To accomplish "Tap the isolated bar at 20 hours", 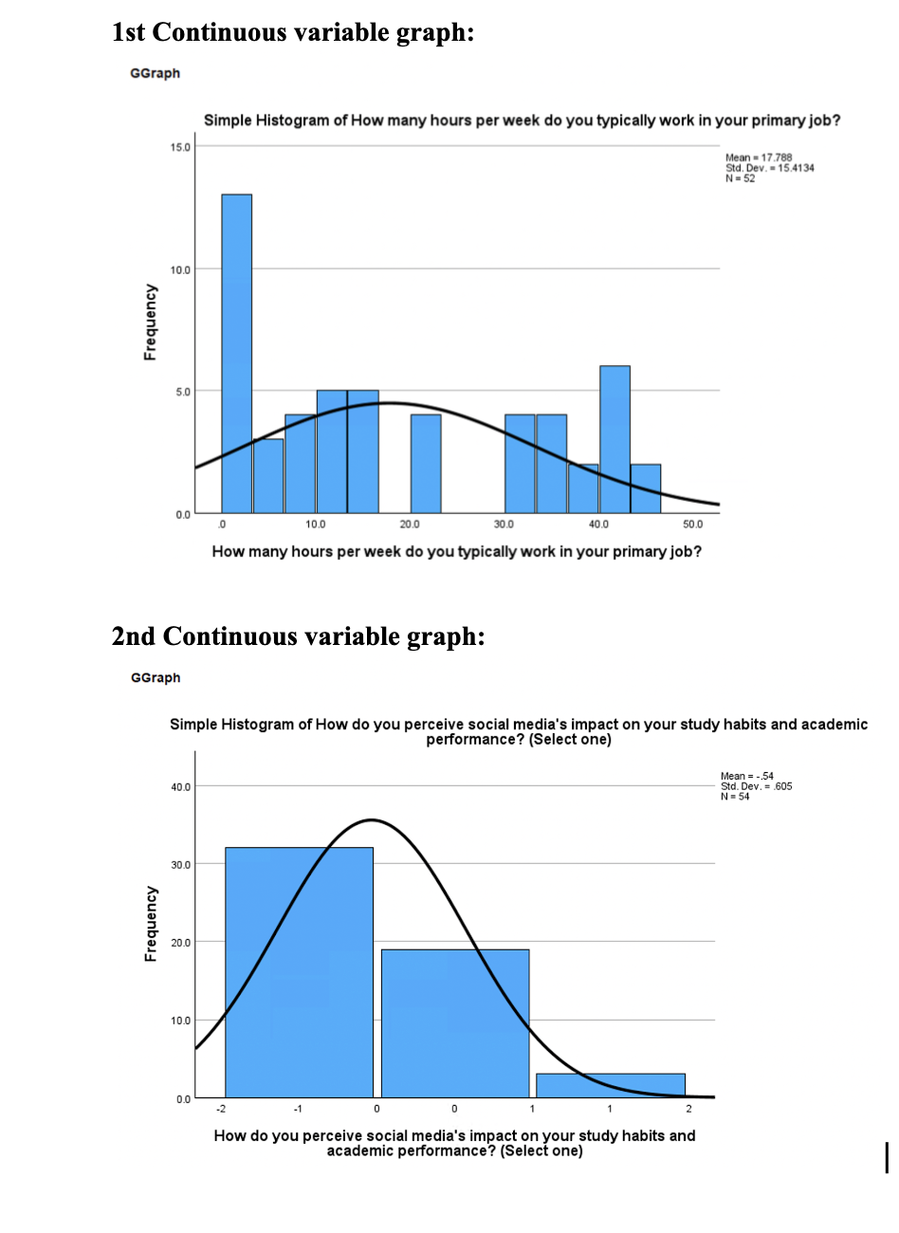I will (x=426, y=463).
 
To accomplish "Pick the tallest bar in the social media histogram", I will (x=299, y=972).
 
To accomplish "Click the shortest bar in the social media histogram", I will (x=611, y=1085).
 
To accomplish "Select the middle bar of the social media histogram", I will (x=455, y=1022).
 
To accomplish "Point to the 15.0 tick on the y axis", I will (x=180, y=147).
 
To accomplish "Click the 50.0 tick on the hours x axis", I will (x=692, y=524).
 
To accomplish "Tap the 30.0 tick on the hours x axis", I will (x=504, y=524).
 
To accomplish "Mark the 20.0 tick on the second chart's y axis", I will (x=180, y=943).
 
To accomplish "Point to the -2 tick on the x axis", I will (x=221, y=1109).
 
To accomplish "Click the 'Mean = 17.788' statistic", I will (x=759, y=157).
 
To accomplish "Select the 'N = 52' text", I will (x=740, y=178).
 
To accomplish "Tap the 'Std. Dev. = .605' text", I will (x=756, y=786).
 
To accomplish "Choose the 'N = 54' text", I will (x=735, y=797).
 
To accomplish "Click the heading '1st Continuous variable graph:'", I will (x=293, y=32).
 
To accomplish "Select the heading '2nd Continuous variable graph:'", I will (x=298, y=636).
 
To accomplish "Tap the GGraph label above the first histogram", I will (x=155, y=73).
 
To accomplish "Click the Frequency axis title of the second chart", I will (x=150, y=924).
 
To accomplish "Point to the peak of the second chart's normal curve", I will (x=372, y=819).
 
